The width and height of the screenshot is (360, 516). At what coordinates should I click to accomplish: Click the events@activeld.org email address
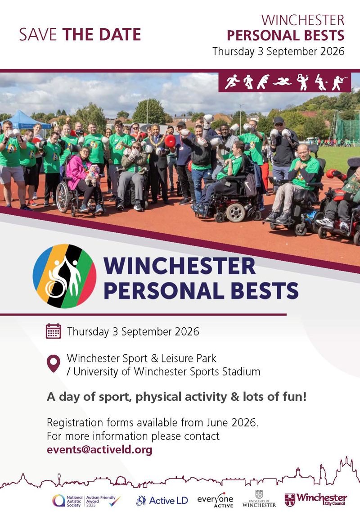point(99,450)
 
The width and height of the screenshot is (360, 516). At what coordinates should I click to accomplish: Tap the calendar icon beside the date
point(53,331)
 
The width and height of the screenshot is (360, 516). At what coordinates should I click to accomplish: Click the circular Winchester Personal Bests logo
point(64,276)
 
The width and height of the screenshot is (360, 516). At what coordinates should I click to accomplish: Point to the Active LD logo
point(162,501)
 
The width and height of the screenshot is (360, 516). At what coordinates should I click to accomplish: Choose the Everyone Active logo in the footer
point(215,500)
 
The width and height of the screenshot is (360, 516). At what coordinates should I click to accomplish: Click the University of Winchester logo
point(259,499)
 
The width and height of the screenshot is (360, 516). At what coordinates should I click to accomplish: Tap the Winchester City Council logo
point(315,499)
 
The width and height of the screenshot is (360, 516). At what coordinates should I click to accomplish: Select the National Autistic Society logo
point(67,501)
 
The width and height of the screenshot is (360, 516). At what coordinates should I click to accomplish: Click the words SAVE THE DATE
point(80,35)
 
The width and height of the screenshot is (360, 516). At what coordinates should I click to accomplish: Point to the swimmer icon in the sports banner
point(282,81)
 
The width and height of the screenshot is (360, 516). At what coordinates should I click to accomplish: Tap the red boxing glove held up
point(170,141)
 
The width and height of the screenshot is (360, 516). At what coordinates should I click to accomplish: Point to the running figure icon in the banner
point(232,81)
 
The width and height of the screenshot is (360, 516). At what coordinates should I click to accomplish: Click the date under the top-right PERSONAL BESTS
point(278,51)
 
